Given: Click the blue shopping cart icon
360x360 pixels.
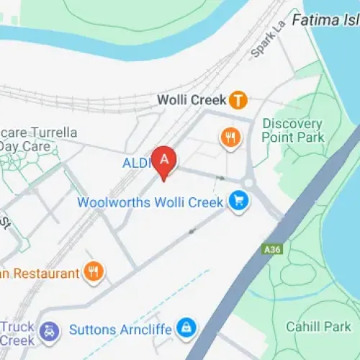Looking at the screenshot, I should point(238,202).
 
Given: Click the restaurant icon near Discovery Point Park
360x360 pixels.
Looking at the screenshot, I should point(230,137).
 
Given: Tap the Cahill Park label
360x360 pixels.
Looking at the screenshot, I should point(318,326).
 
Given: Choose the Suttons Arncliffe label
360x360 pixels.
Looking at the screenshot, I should point(120,330).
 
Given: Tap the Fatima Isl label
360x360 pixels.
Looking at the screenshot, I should point(325,19).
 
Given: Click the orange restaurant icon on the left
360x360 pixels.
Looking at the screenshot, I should point(94,271).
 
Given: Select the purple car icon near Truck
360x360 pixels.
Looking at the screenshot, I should point(49,330).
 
